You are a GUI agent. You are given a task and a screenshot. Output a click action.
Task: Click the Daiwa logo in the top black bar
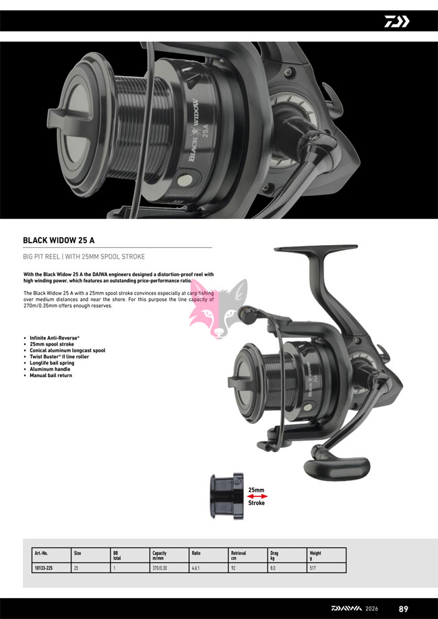click(397, 22)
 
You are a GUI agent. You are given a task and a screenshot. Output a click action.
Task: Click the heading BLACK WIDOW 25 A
click(59, 240)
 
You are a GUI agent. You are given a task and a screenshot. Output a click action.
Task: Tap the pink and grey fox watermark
click(218, 308)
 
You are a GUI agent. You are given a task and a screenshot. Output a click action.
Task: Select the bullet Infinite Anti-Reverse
click(55, 338)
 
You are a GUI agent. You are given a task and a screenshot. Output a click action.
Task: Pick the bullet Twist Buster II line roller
click(59, 357)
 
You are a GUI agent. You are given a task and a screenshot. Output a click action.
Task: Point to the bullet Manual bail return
click(51, 375)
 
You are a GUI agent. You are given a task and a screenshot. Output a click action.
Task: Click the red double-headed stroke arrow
click(257, 496)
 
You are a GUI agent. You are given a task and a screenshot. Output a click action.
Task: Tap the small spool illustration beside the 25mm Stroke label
click(227, 496)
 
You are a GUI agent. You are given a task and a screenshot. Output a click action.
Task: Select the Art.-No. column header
click(41, 554)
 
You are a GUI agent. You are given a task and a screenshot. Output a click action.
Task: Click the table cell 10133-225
click(42, 568)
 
